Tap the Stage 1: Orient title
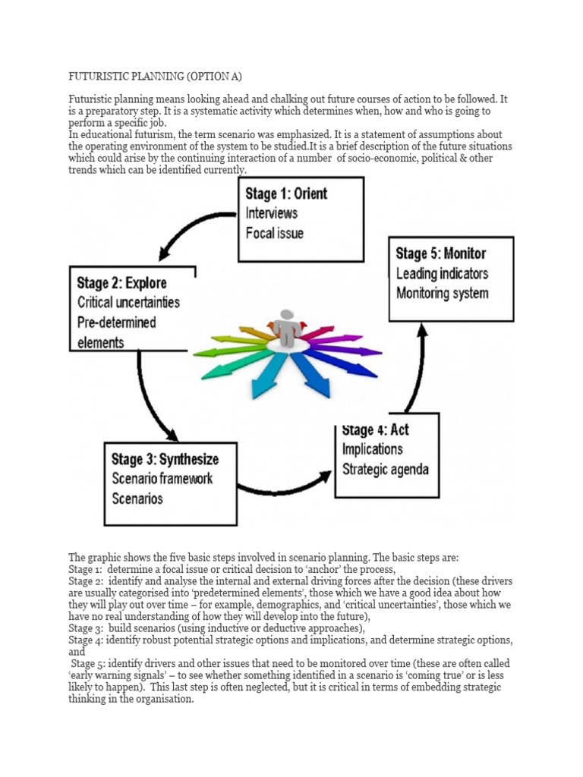pos(286,193)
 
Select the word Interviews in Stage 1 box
pos(271,213)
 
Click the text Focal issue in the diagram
pos(274,233)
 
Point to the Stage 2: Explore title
pos(121,283)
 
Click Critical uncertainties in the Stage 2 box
pos(128,302)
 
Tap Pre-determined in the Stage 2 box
pos(116,322)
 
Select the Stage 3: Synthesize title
pos(165,459)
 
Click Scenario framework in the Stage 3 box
pos(162,479)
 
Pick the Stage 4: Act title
pos(375,430)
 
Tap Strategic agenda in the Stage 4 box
pos(385,469)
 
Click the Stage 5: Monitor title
pos(440,253)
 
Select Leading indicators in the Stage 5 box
pos(442,273)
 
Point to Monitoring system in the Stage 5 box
pos(442,293)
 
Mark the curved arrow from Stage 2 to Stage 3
pos(148,402)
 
